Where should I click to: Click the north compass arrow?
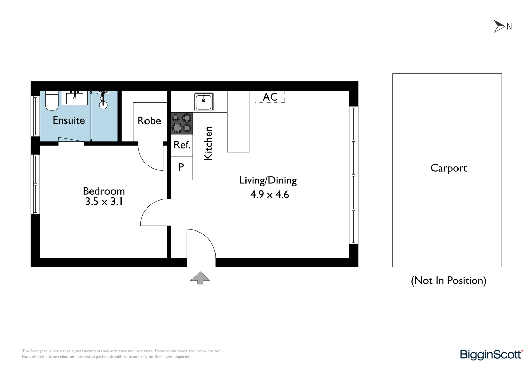(x=500, y=26)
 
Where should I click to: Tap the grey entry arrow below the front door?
(x=200, y=277)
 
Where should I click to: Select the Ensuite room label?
(x=69, y=120)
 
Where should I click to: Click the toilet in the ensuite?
(x=52, y=101)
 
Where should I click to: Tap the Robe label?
(x=149, y=121)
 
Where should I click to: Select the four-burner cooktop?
(x=182, y=123)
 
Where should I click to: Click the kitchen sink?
(x=204, y=102)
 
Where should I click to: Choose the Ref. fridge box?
(x=182, y=145)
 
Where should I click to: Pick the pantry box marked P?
(x=181, y=167)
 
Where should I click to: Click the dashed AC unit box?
(x=270, y=97)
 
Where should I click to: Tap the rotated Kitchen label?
(x=208, y=143)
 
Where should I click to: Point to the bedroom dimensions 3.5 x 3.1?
(x=104, y=202)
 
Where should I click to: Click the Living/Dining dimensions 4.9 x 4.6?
(x=269, y=195)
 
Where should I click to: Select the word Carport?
(x=448, y=168)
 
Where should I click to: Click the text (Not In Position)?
(x=448, y=281)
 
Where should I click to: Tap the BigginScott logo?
(x=491, y=354)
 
